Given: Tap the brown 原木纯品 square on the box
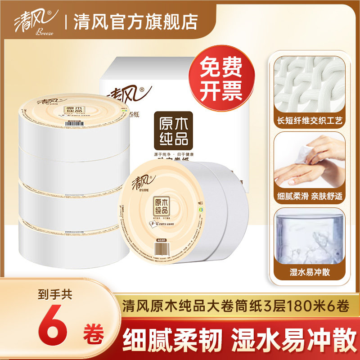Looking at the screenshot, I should point(173,130).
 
